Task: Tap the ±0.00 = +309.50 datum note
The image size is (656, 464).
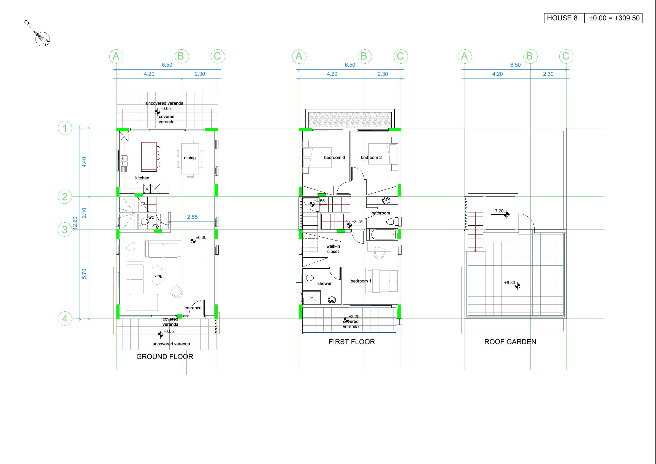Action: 613,18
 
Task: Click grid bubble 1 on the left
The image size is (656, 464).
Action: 65,128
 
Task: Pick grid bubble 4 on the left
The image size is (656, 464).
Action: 65,319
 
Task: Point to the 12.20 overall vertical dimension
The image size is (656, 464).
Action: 75,223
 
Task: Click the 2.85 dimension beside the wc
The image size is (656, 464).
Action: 192,217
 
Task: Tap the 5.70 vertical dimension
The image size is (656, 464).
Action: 84,274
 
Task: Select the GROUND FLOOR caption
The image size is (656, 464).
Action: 165,357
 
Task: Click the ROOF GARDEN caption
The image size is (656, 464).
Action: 510,342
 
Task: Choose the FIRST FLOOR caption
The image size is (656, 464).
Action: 352,342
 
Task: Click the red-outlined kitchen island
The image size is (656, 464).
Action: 149,157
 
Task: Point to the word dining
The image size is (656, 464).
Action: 190,158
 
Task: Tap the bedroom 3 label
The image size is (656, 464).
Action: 335,158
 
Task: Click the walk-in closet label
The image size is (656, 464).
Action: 333,249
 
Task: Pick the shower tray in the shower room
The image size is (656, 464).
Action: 312,298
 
